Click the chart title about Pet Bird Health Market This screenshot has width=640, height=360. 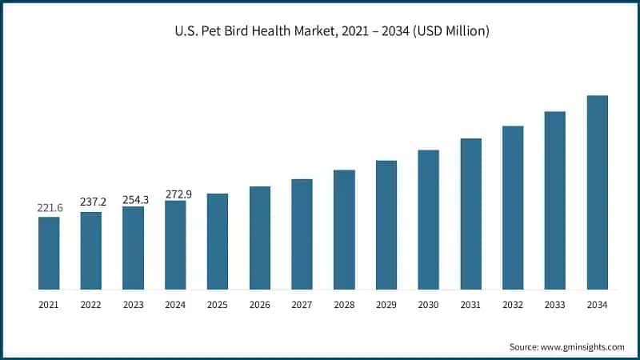319,31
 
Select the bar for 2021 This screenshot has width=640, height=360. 49,253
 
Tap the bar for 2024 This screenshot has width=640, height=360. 175,245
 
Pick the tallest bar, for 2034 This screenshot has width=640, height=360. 597,192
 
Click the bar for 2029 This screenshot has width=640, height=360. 386,225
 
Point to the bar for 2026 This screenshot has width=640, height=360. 260,238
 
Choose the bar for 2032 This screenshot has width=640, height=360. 513,207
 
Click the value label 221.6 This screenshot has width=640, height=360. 49,208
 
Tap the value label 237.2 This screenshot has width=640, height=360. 91,202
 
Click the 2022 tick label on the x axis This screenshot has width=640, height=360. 91,305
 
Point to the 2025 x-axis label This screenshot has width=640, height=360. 218,305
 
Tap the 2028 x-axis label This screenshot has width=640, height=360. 344,305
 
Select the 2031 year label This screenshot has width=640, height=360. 470,305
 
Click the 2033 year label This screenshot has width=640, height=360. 555,305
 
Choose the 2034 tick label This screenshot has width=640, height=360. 597,305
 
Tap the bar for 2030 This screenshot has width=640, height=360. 429,219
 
